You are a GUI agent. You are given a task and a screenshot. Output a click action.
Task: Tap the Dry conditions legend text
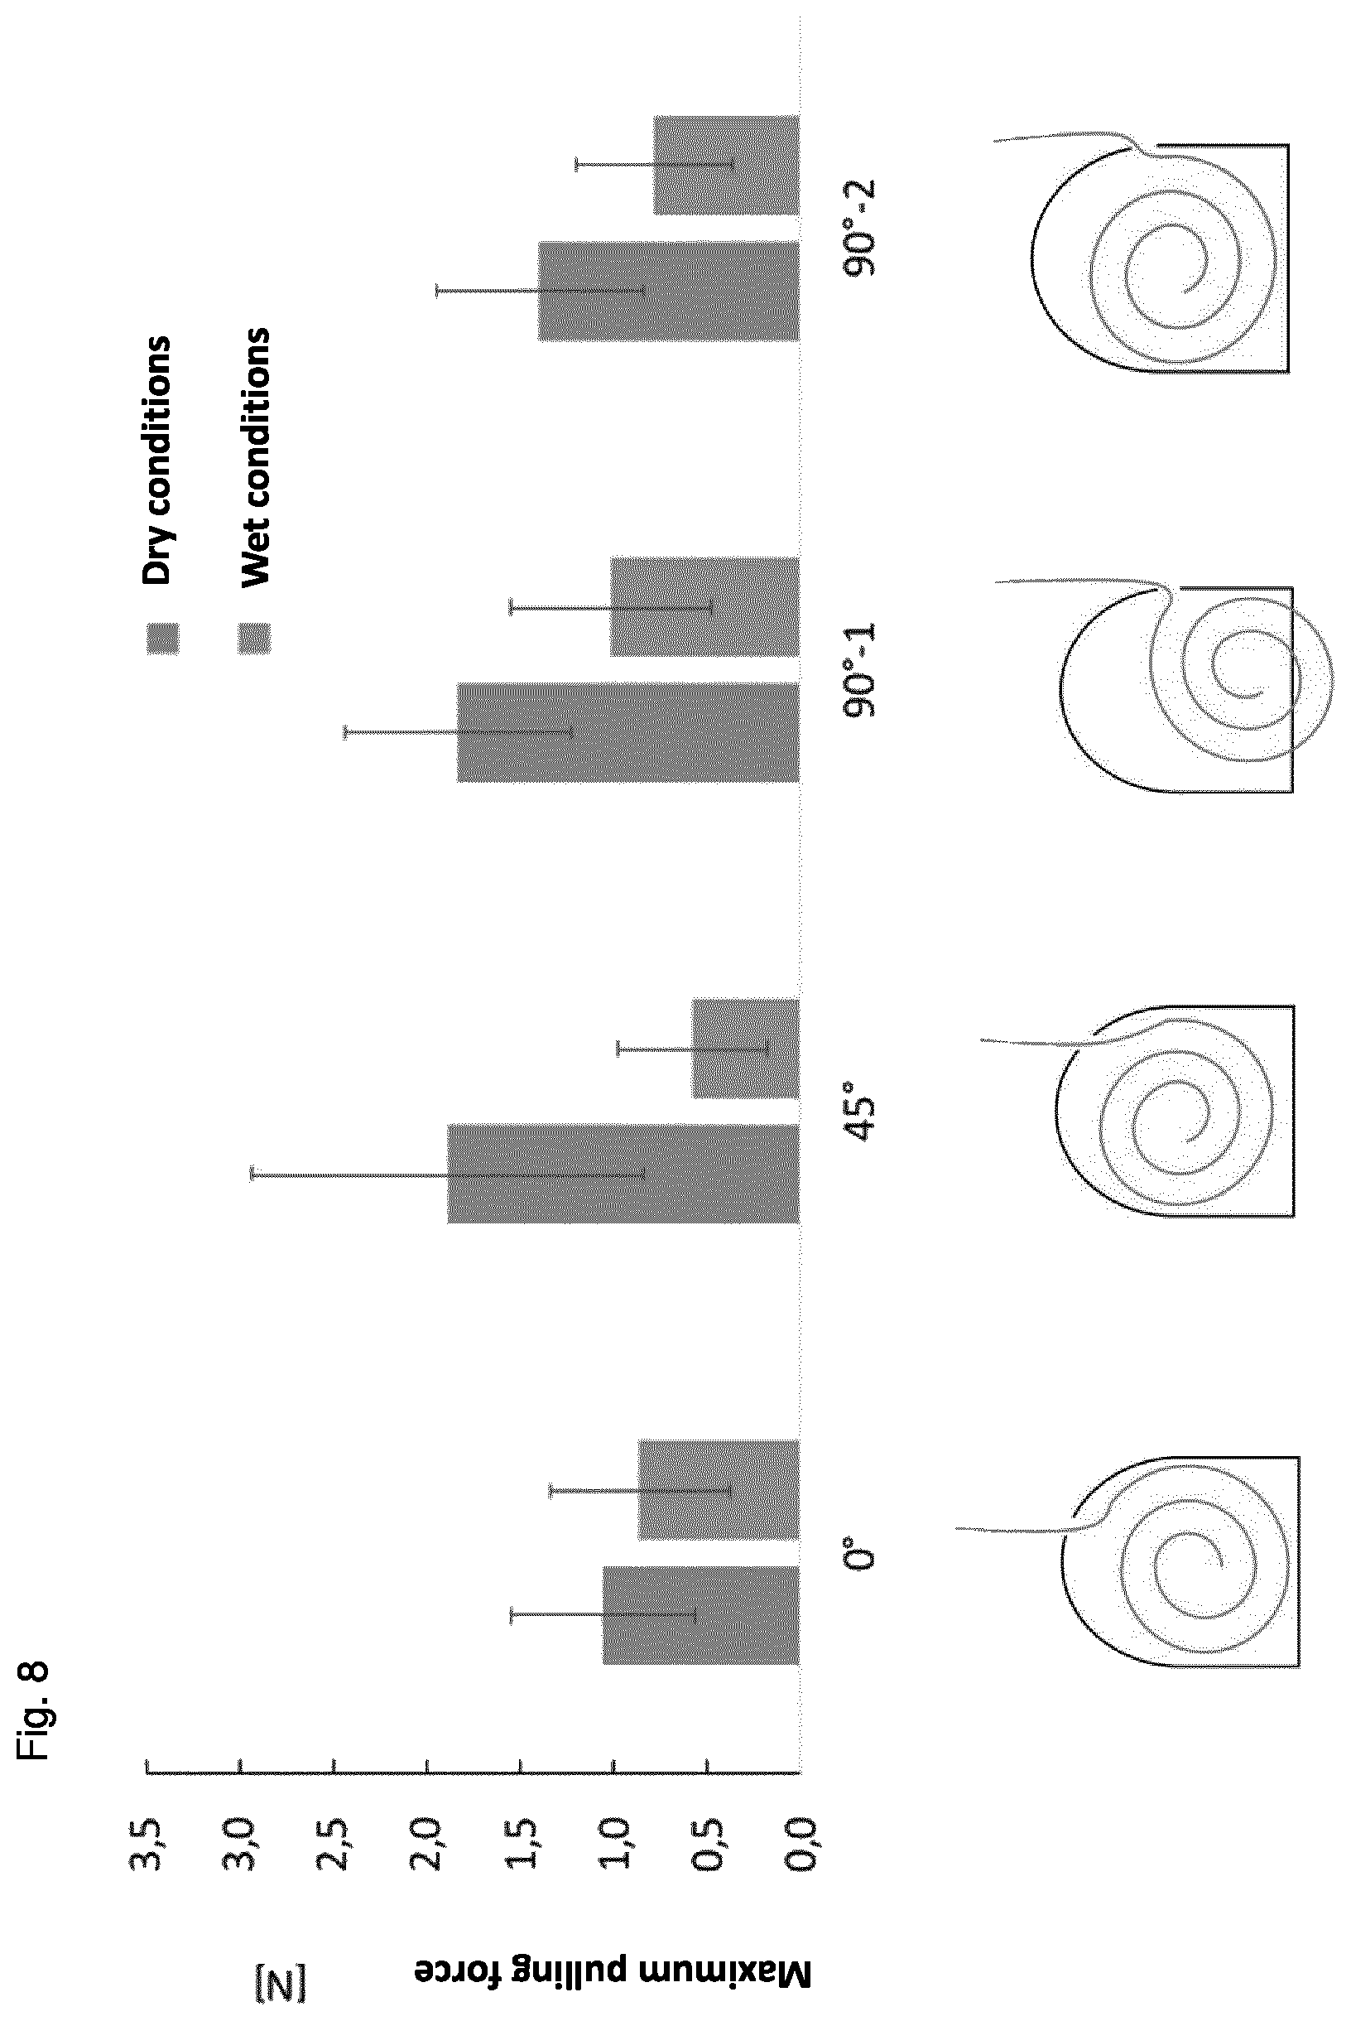coord(157,460)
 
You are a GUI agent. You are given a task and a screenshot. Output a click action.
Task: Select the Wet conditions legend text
coord(254,456)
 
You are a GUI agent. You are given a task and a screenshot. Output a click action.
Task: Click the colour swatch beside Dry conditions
coord(163,639)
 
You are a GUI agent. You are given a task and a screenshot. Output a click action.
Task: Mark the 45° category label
coord(862,1118)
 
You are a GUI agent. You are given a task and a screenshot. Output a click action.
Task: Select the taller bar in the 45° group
coord(623,1172)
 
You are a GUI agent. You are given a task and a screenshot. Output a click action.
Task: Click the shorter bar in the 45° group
coord(746,1048)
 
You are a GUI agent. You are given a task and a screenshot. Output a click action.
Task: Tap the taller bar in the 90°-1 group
coord(627,731)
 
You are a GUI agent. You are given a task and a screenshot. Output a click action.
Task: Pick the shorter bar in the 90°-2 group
coord(726,165)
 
